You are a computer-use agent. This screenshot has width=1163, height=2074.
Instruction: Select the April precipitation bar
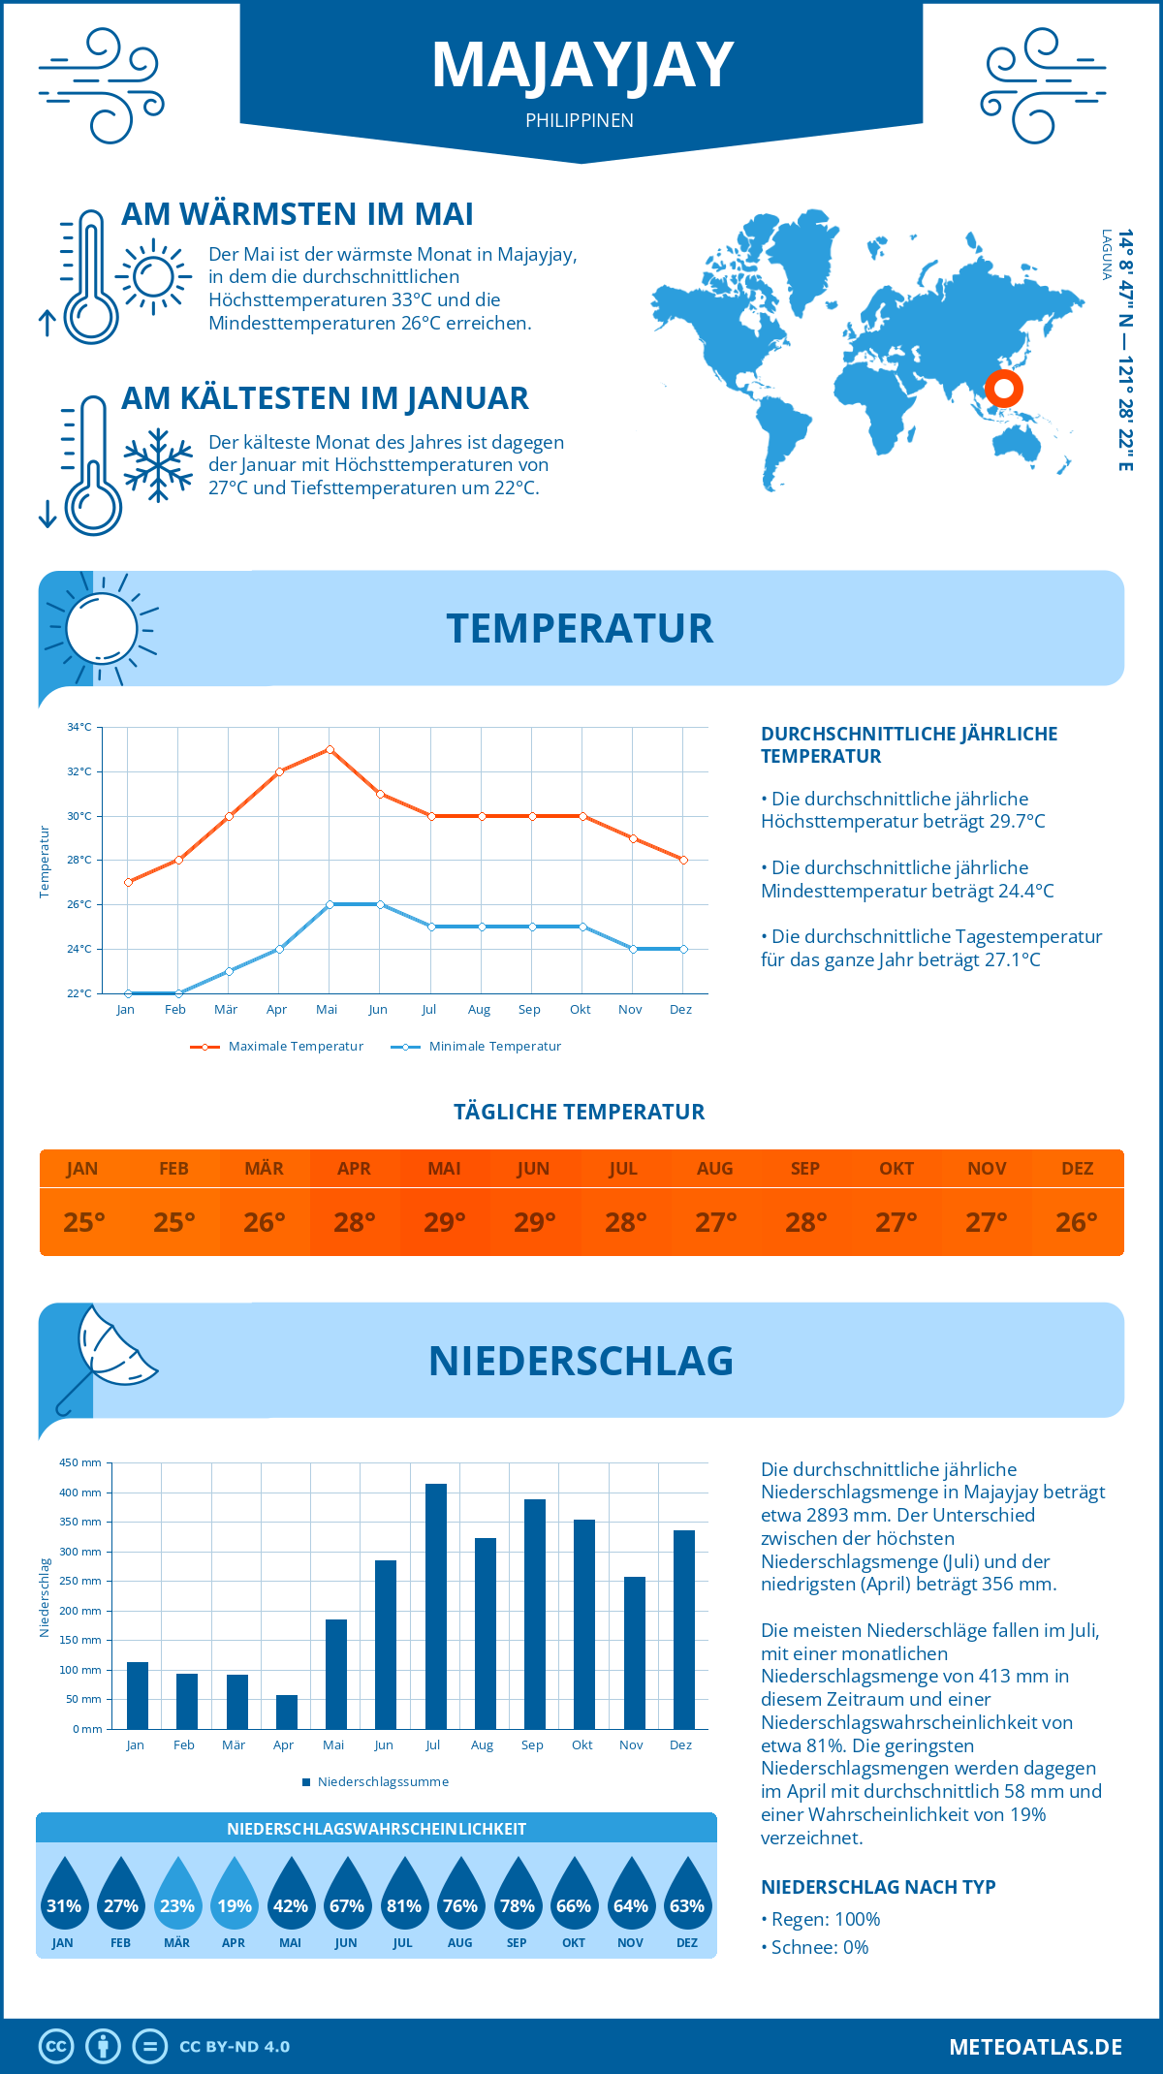point(287,1712)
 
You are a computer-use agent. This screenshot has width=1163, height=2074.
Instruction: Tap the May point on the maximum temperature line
point(330,749)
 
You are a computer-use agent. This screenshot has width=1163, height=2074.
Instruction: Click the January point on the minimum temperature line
point(128,993)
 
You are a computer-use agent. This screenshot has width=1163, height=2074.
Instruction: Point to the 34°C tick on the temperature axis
point(79,727)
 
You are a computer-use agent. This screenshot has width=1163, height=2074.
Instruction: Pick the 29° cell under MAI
point(444,1222)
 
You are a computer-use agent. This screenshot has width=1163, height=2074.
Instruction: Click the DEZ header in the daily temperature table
point(1077,1169)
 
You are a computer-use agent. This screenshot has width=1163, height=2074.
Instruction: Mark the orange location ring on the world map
point(1004,389)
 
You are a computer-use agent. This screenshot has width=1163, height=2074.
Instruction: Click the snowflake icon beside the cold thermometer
point(158,464)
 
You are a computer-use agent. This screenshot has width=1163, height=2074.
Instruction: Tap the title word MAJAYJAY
point(581,66)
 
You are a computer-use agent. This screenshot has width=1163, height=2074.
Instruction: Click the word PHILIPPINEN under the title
point(580,121)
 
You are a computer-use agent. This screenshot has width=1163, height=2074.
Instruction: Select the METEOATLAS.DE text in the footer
point(1035,2047)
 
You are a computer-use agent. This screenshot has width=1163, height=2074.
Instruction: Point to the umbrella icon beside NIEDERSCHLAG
point(107,1356)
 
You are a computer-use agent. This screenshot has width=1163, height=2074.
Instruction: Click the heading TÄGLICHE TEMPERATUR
point(580,1113)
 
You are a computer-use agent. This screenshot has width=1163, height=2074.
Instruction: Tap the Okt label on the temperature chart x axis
point(580,1010)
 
